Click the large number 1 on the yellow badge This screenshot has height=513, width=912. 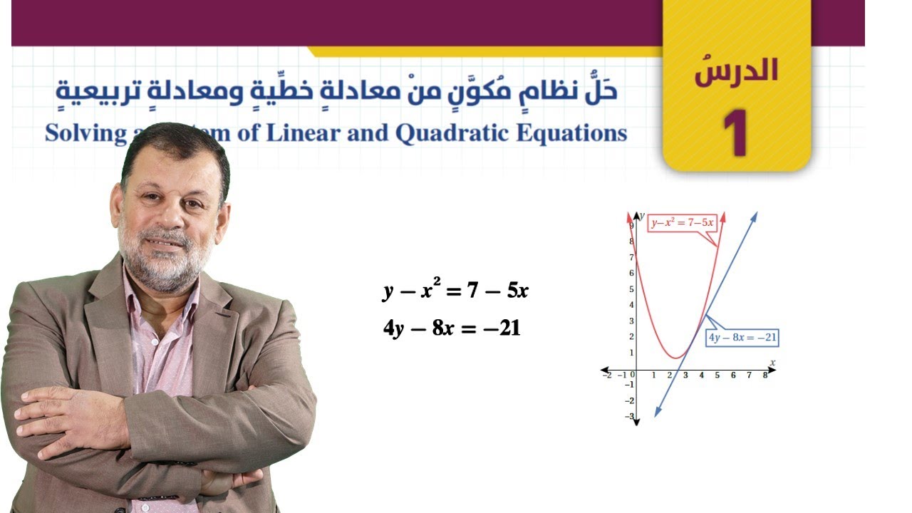735,133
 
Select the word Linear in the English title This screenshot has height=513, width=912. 300,133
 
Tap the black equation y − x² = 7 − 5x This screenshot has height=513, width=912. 455,290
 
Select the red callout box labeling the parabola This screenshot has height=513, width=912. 682,222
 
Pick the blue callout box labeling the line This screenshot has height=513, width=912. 742,338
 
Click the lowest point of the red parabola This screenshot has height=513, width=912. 676,356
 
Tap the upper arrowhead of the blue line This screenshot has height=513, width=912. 755,214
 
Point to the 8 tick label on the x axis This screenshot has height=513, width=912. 765,375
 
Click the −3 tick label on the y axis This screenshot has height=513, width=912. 629,416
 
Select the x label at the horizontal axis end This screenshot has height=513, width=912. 772,363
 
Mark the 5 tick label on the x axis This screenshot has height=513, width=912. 717,375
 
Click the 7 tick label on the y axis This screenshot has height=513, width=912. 631,257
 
